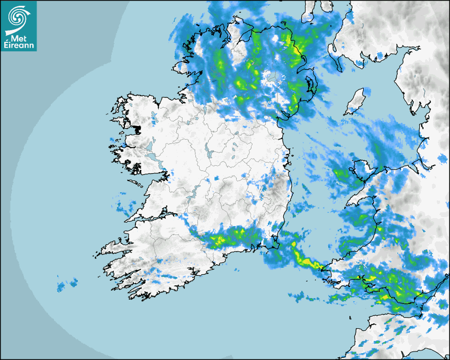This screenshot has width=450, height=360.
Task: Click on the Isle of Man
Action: (356, 102)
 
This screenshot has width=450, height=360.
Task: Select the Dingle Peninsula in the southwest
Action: (114, 246)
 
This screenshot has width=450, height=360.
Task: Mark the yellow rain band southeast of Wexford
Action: (304, 259)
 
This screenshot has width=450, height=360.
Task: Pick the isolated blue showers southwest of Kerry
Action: (66, 284)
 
